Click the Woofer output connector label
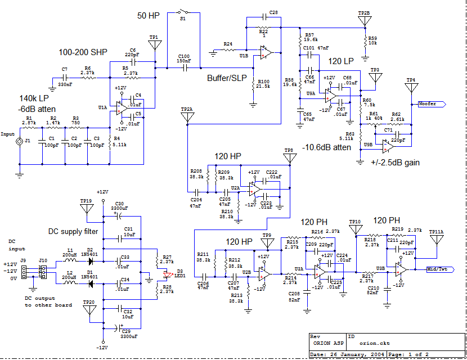(431, 103)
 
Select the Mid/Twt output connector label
(439, 269)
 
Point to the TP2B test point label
(364, 12)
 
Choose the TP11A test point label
(437, 231)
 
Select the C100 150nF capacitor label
(183, 58)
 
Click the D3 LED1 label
(180, 273)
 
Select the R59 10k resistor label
(372, 40)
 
